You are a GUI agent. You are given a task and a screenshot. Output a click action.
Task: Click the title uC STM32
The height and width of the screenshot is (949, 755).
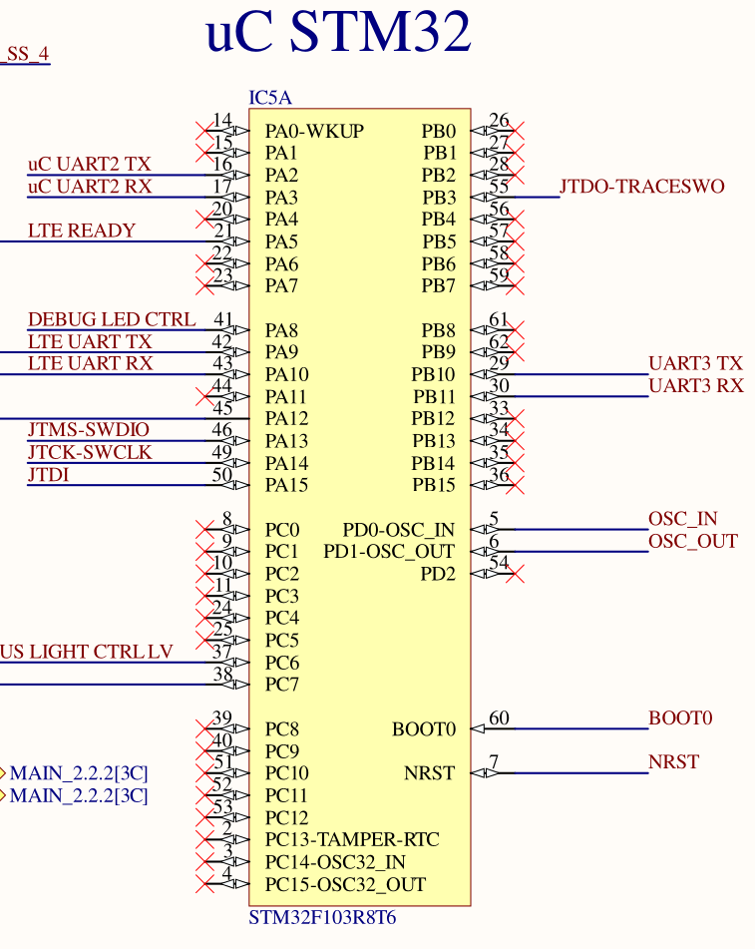(x=337, y=34)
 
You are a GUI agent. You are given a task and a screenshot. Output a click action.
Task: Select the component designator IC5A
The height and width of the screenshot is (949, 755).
(x=269, y=98)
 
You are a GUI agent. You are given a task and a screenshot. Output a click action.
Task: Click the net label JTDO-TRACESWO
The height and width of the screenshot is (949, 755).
(x=641, y=187)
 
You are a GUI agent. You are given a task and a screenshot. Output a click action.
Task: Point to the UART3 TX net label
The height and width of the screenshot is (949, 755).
(x=695, y=363)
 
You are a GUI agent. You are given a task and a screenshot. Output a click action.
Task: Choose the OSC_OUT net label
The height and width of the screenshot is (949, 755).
(x=692, y=541)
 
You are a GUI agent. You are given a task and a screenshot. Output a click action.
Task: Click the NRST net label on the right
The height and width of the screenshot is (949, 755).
(x=673, y=762)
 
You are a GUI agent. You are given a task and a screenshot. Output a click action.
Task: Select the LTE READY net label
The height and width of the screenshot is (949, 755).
(x=82, y=231)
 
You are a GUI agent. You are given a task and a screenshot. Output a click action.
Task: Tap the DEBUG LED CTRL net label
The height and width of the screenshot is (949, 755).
(x=112, y=319)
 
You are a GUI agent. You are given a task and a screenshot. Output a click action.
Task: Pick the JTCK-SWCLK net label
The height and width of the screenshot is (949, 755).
(x=90, y=452)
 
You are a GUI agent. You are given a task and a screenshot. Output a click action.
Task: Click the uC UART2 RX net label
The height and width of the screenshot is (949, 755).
(x=90, y=186)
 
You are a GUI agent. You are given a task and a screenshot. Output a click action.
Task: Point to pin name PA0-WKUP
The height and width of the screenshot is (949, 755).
(x=314, y=131)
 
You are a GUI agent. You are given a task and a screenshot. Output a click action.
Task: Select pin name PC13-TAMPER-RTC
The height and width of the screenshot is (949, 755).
(x=351, y=840)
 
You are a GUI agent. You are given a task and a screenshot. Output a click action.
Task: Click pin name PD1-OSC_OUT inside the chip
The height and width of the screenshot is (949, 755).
(x=389, y=552)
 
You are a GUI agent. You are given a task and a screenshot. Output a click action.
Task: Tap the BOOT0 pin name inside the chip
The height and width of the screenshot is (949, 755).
(x=423, y=729)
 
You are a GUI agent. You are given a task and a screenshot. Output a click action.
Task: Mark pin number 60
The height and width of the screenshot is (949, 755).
(x=499, y=718)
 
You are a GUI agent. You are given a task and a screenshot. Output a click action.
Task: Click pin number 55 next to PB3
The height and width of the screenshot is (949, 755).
(x=499, y=187)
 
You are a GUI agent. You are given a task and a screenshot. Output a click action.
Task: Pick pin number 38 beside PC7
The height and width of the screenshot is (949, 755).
(x=222, y=675)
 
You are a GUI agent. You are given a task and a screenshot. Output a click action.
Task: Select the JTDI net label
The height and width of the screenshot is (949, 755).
(x=48, y=474)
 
